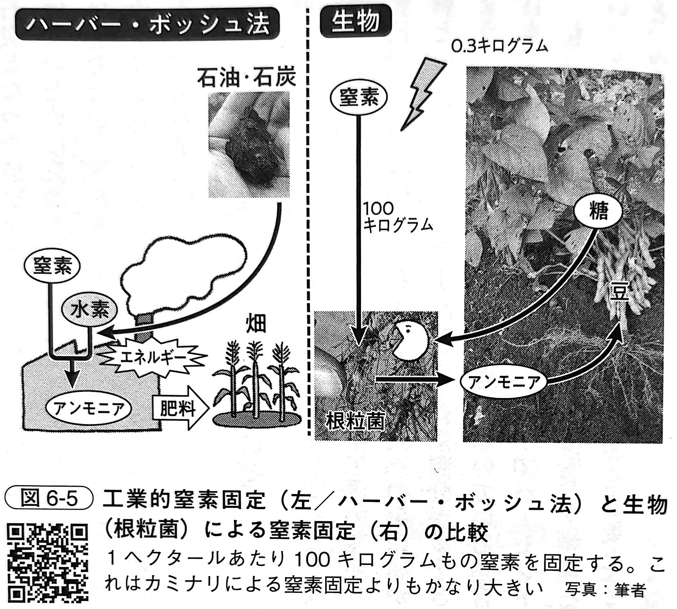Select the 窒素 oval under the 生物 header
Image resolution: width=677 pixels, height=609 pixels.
pyautogui.click(x=358, y=98)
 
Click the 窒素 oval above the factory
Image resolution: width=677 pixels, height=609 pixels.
pyautogui.click(x=52, y=266)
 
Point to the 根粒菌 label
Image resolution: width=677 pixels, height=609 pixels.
pyautogui.click(x=355, y=422)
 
